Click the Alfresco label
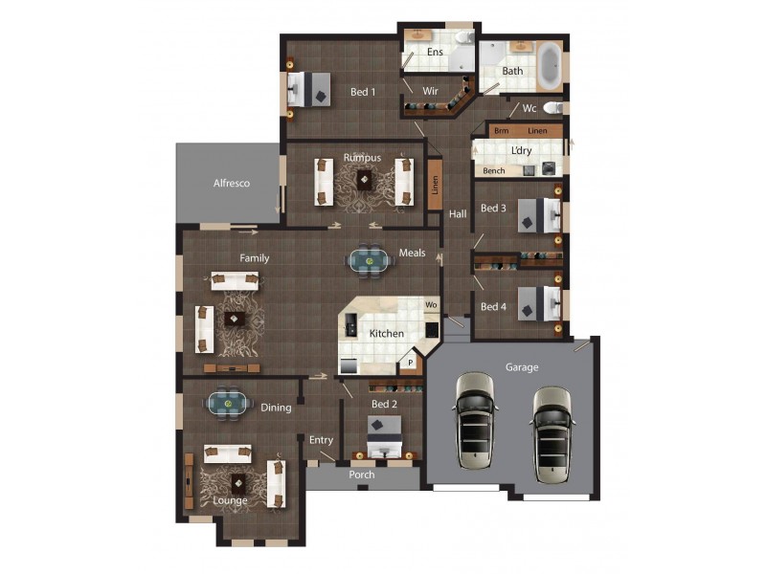(231, 183)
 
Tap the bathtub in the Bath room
(549, 66)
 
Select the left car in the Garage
(475, 421)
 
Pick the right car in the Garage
(552, 432)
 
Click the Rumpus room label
(362, 157)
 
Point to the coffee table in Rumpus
(364, 180)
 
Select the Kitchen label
(387, 333)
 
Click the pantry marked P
(411, 363)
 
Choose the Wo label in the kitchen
(431, 305)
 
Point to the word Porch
(362, 475)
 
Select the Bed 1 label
(362, 92)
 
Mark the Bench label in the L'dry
(494, 171)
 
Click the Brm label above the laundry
(501, 130)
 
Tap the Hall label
(458, 214)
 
